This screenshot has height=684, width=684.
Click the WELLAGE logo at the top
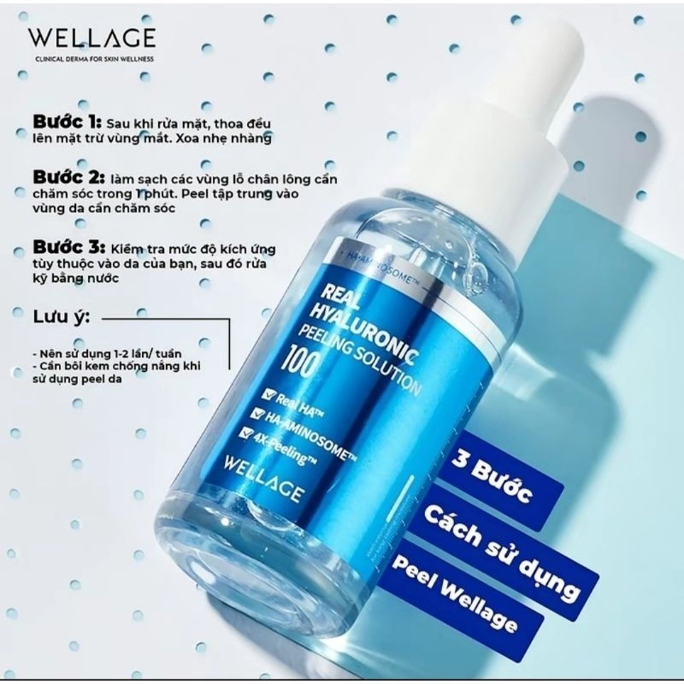click(91, 38)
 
